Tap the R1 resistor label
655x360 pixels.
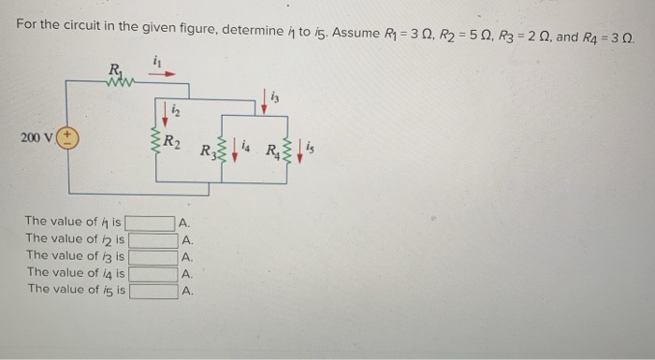(x=114, y=68)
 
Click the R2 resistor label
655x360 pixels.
(x=172, y=142)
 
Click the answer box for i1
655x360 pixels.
(x=151, y=223)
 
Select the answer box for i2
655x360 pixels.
(x=151, y=239)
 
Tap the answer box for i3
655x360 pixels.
(x=151, y=256)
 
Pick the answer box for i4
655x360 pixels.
(x=151, y=273)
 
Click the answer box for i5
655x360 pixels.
(x=151, y=290)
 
